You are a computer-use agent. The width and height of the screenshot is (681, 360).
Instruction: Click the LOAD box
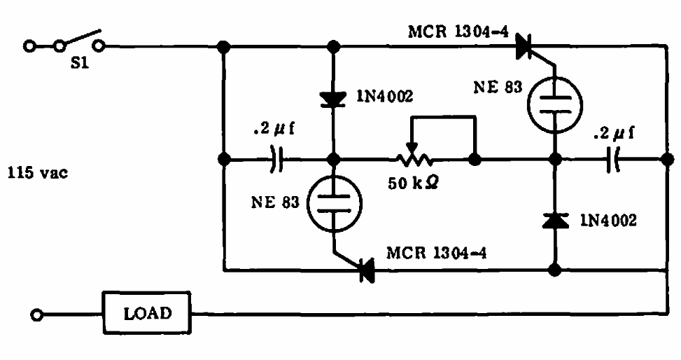pyautogui.click(x=147, y=312)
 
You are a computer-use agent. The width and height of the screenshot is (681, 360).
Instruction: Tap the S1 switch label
pyautogui.click(x=80, y=63)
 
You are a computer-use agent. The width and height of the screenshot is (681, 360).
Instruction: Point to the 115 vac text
pyautogui.click(x=38, y=172)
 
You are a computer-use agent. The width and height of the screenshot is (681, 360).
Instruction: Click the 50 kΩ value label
pyautogui.click(x=414, y=183)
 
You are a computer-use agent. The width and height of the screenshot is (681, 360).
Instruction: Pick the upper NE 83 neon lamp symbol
pyautogui.click(x=554, y=105)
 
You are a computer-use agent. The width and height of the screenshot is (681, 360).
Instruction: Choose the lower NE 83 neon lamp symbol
pyautogui.click(x=334, y=203)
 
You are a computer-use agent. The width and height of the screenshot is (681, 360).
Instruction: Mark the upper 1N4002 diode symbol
pyautogui.click(x=333, y=99)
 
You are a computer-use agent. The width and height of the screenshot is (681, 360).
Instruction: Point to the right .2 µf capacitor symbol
pyautogui.click(x=613, y=160)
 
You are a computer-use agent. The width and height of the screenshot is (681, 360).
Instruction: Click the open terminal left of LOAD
pyautogui.click(x=37, y=314)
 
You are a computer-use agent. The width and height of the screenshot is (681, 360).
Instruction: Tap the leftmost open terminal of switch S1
pyautogui.click(x=29, y=46)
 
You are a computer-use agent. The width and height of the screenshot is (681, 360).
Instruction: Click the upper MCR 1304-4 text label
pyautogui.click(x=458, y=32)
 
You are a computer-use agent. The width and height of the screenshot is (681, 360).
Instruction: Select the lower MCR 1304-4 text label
pyautogui.click(x=436, y=253)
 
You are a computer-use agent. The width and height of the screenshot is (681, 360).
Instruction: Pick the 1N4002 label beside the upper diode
pyautogui.click(x=385, y=96)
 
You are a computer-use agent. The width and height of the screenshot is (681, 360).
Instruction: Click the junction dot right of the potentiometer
pyautogui.click(x=475, y=160)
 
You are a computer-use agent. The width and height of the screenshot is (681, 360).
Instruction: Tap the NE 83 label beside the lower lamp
pyautogui.click(x=275, y=202)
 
